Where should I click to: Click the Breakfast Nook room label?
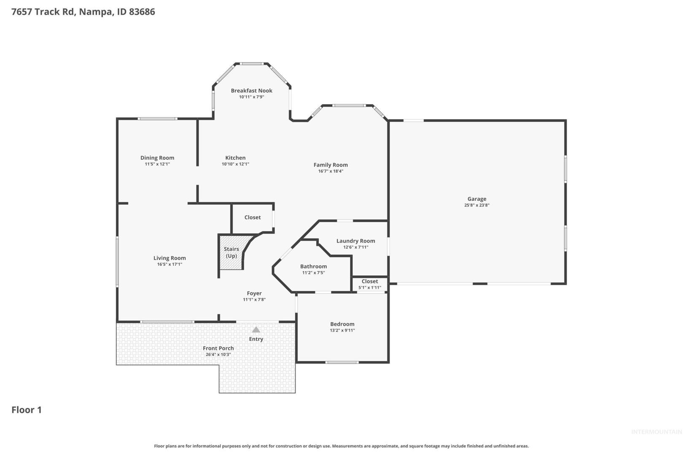pyautogui.click(x=251, y=91)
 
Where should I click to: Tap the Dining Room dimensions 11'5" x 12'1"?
pyautogui.click(x=157, y=164)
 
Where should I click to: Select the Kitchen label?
pyautogui.click(x=235, y=158)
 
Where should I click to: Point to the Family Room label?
pyautogui.click(x=331, y=165)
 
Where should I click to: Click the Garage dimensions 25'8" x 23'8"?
pyautogui.click(x=476, y=205)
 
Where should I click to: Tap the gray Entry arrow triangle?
pyautogui.click(x=256, y=329)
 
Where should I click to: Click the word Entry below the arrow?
pyautogui.click(x=256, y=339)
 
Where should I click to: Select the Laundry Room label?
pyautogui.click(x=355, y=241)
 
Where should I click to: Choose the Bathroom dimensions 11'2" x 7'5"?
pyautogui.click(x=313, y=273)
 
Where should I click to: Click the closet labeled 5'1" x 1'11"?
pyautogui.click(x=370, y=284)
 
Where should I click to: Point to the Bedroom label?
pyautogui.click(x=342, y=324)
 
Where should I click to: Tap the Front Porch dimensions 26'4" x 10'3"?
pyautogui.click(x=218, y=354)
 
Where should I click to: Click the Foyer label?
pyautogui.click(x=254, y=293)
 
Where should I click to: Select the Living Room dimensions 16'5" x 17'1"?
pyautogui.click(x=169, y=264)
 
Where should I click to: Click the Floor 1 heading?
pyautogui.click(x=27, y=410)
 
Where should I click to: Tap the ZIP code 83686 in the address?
pyautogui.click(x=142, y=11)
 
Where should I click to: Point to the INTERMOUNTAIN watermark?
pyautogui.click(x=656, y=432)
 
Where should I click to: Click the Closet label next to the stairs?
pyautogui.click(x=253, y=217)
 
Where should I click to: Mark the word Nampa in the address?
pyautogui.click(x=96, y=12)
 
